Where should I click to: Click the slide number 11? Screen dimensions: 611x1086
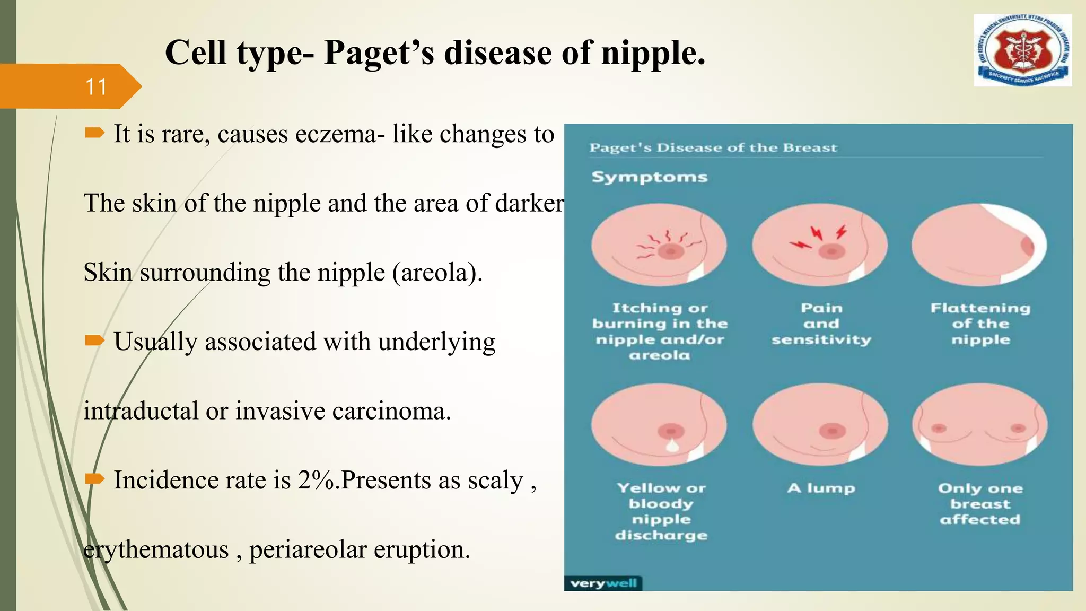(96, 87)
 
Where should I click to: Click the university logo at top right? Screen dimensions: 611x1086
(1022, 51)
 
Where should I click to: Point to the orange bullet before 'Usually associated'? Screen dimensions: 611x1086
(94, 340)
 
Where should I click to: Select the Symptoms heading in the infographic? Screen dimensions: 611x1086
(649, 177)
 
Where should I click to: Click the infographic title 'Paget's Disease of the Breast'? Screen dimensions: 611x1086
(713, 148)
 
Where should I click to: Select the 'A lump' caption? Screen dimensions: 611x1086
(821, 488)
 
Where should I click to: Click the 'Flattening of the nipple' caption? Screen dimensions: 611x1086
(980, 324)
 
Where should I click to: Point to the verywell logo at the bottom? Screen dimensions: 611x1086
(603, 583)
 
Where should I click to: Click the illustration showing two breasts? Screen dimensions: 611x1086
(979, 424)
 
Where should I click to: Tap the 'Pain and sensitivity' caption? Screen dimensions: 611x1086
(821, 324)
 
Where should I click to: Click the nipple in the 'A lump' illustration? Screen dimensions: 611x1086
(831, 431)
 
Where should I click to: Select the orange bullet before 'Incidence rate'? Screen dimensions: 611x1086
(94, 479)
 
